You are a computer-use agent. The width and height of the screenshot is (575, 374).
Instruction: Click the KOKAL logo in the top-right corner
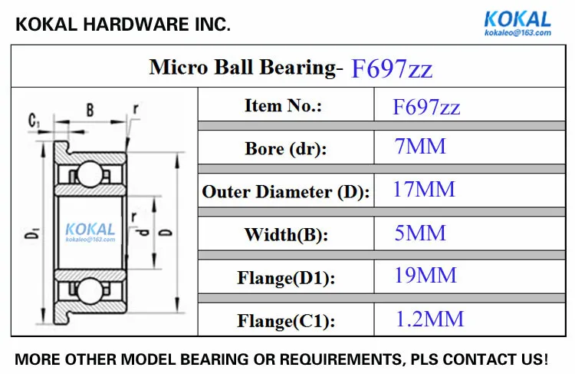point(517,19)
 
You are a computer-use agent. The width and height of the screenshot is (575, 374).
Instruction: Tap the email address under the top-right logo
point(517,33)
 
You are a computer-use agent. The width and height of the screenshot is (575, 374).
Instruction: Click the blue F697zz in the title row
point(392,68)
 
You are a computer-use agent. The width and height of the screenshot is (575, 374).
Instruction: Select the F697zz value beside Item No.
point(426,108)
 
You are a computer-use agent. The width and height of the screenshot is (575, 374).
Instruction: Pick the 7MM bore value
point(420,146)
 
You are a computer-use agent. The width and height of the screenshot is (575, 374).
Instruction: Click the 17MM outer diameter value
point(424,189)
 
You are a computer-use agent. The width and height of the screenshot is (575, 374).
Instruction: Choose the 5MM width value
point(420,233)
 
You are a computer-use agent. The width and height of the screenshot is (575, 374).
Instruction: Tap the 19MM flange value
point(426,275)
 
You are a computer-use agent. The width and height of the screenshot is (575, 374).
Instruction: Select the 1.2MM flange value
point(430,319)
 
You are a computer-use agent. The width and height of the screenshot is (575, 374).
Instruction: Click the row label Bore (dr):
point(286,149)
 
